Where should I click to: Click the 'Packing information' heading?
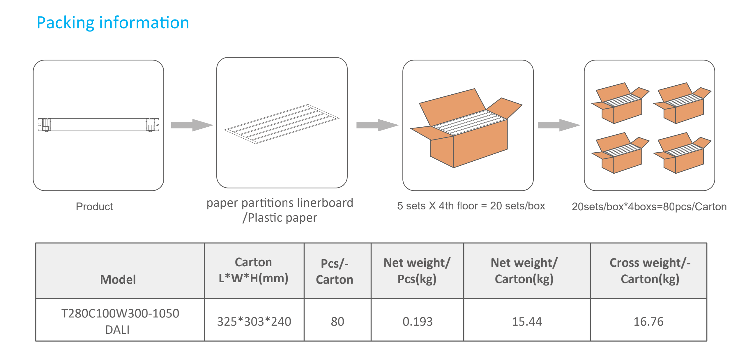(x=113, y=23)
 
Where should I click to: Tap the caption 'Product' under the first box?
(x=94, y=206)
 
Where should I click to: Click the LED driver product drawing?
(x=98, y=125)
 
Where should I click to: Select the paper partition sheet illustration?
(x=282, y=124)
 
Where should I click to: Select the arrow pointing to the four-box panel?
(x=559, y=125)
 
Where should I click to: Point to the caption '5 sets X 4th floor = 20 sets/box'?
(x=471, y=206)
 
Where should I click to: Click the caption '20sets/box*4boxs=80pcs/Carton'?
(x=649, y=207)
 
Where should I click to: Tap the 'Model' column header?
(x=118, y=279)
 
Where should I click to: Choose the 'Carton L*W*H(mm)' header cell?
(x=253, y=270)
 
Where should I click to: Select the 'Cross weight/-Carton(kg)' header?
(x=650, y=271)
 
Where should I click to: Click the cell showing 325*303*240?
(x=254, y=321)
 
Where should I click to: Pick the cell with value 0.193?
(x=417, y=321)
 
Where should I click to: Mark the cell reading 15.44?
(x=526, y=321)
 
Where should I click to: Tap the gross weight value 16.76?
(x=648, y=321)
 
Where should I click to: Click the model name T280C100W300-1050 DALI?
(x=120, y=321)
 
